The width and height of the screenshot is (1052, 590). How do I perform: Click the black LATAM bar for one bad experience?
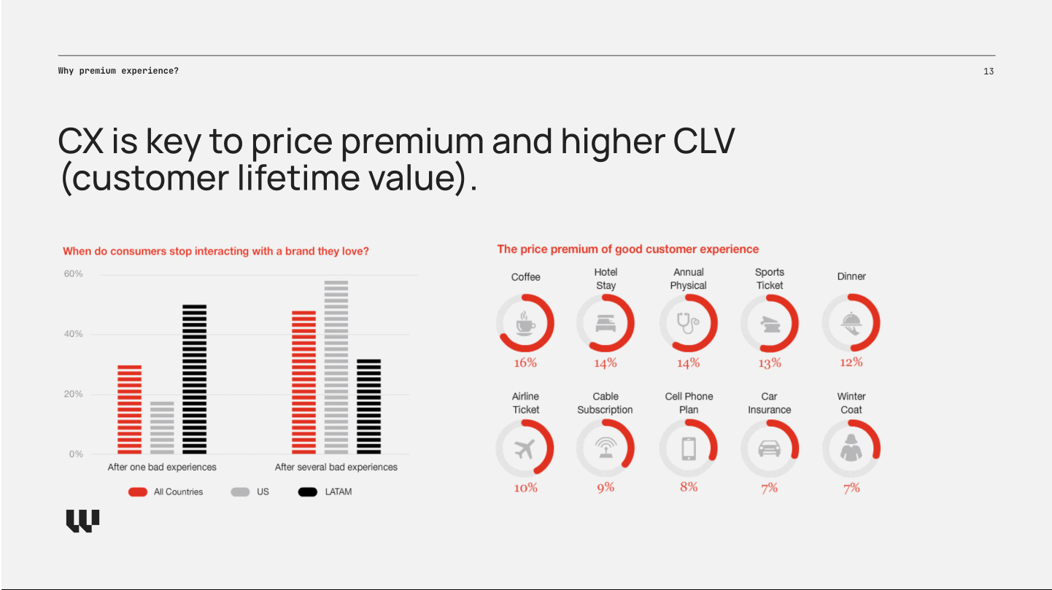pos(194,379)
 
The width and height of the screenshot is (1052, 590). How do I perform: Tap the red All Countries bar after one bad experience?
pos(129,409)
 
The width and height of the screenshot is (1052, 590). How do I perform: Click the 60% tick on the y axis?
pos(74,274)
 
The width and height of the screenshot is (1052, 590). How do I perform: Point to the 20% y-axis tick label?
pos(74,394)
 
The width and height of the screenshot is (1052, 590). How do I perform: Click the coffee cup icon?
pos(525,323)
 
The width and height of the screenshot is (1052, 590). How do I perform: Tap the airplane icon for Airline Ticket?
pos(525,449)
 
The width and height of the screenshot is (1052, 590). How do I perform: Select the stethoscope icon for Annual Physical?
pos(688,323)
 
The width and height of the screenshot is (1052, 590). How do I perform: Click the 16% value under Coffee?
pos(525,362)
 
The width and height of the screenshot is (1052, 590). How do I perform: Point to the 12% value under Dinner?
pos(851,362)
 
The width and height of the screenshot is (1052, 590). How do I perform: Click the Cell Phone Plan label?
pos(689,403)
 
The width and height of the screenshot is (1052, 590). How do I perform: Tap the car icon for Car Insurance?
pos(770,449)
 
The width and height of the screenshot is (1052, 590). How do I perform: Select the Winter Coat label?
pos(851,403)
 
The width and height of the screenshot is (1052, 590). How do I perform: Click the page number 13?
pos(989,71)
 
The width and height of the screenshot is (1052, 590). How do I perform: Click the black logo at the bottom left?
pos(82,521)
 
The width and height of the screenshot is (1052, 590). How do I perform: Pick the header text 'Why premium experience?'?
pos(118,71)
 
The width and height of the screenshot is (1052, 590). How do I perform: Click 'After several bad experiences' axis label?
pos(336,467)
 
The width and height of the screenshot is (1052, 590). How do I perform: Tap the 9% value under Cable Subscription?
pos(606,487)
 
